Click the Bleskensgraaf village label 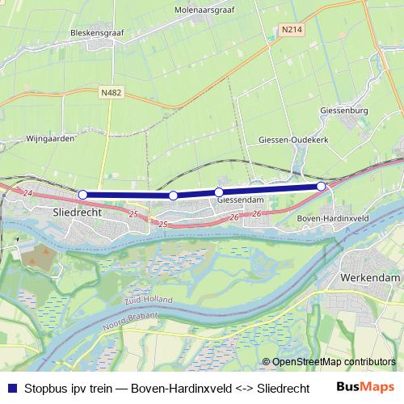(x=96, y=34)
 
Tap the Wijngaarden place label (x=50, y=138)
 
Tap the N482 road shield (x=112, y=93)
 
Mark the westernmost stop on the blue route (x=82, y=195)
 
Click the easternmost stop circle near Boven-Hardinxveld (x=321, y=187)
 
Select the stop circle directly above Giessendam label (x=219, y=192)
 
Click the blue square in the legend (x=11, y=386)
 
